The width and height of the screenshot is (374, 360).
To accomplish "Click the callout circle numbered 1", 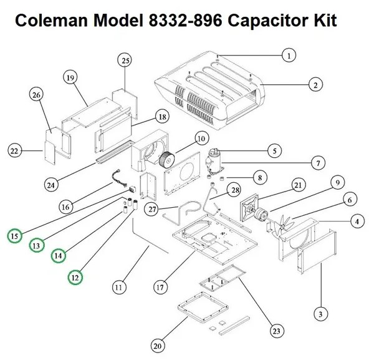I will (288, 56).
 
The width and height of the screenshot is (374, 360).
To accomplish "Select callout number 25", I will (125, 60).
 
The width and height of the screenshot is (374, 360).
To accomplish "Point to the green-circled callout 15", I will (14, 236).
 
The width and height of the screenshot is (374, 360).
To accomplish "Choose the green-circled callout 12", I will (75, 275).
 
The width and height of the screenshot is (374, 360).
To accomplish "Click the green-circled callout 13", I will (37, 246).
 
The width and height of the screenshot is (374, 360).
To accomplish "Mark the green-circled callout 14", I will (59, 255).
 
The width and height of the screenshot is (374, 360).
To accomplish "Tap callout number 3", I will (320, 313).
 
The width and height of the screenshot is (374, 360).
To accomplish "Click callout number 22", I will (16, 150).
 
